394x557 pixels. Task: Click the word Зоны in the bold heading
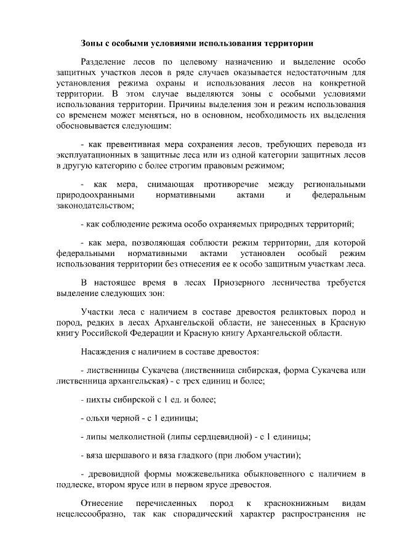coord(92,43)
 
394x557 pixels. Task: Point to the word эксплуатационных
coord(90,154)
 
